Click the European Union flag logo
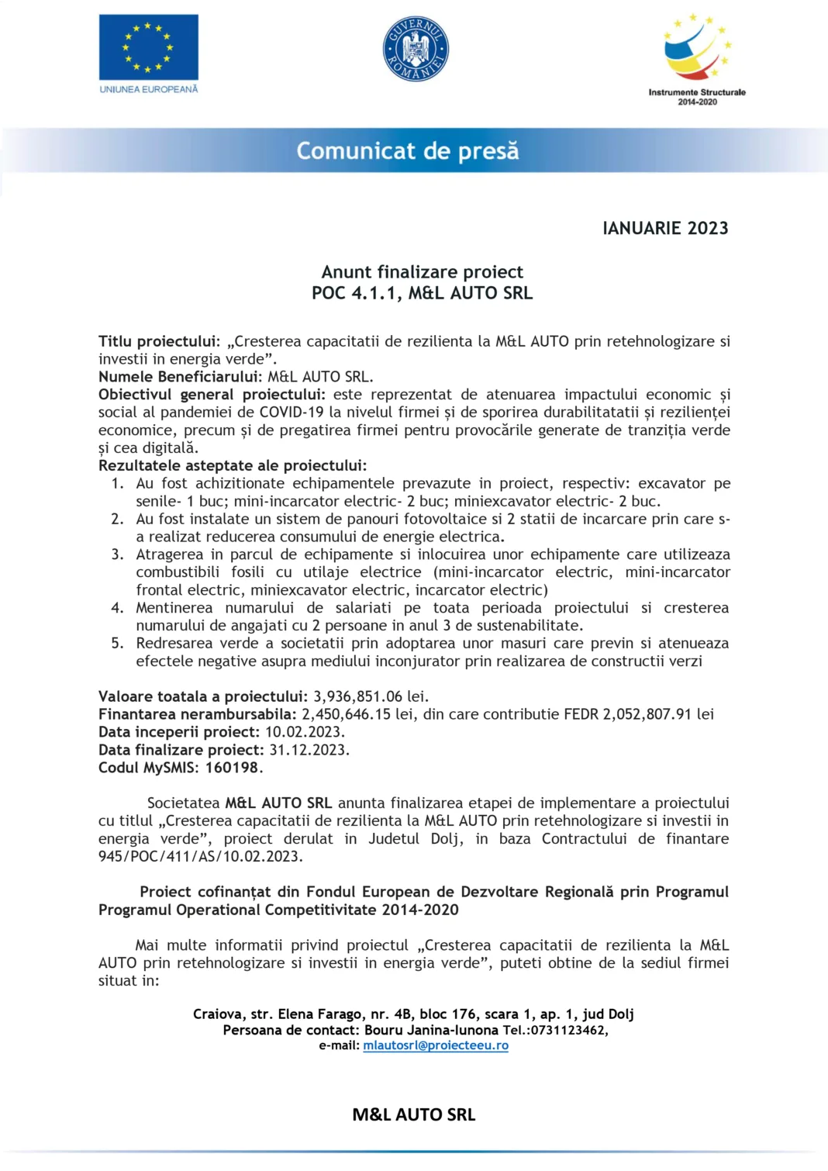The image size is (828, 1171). pyautogui.click(x=148, y=47)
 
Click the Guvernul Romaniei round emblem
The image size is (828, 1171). pyautogui.click(x=416, y=50)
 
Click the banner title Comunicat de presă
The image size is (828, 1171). pyautogui.click(x=408, y=150)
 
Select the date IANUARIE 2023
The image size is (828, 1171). pyautogui.click(x=665, y=228)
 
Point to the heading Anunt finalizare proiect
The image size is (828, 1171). pyautogui.click(x=422, y=272)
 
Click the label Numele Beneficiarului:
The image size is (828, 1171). pyautogui.click(x=181, y=377)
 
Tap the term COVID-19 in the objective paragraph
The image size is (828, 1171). pyautogui.click(x=291, y=413)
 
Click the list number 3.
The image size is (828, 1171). pyautogui.click(x=117, y=554)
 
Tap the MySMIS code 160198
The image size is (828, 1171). pyautogui.click(x=232, y=768)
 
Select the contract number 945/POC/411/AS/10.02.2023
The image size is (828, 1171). pyautogui.click(x=200, y=857)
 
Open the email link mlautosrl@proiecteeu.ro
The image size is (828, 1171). pyautogui.click(x=436, y=1045)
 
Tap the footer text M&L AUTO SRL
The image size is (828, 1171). pyautogui.click(x=413, y=1114)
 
